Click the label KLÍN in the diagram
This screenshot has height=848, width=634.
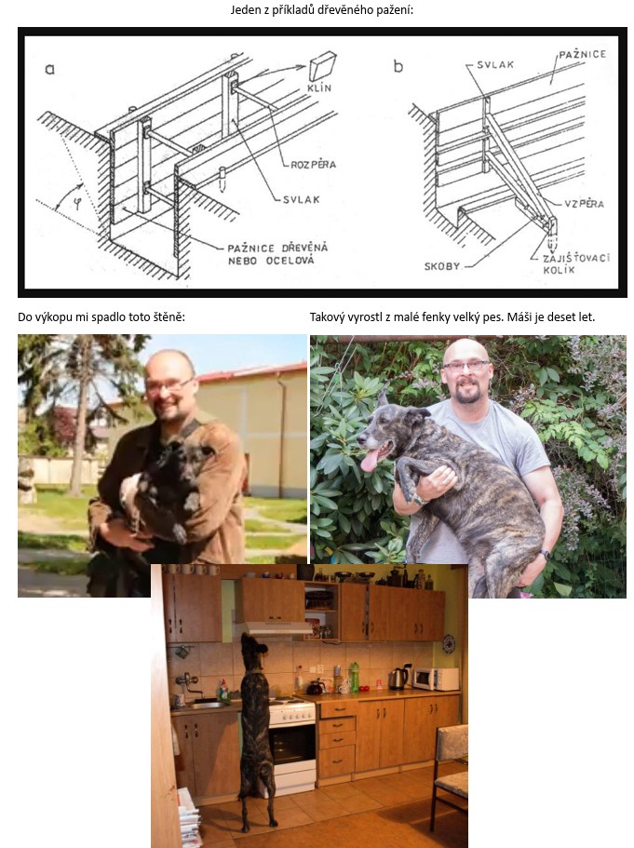pos(319,87)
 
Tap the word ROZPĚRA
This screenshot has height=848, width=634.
pos(313,164)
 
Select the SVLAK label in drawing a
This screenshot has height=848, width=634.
pos(302,199)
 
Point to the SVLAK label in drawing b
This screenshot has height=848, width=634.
pos(495,64)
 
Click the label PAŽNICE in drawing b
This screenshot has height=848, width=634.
pos(582,54)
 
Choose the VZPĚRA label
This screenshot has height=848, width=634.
pos(585,203)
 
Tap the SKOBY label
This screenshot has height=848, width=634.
pos(442,266)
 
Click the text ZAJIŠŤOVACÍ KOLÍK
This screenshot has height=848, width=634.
pos(576,263)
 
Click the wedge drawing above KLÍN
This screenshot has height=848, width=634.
pos(322,65)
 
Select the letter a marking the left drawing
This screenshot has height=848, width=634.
pos(49,69)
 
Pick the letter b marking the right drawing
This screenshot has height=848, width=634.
pos(398,66)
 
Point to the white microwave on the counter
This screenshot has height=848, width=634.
pos(436,679)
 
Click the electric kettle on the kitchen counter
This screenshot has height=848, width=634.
pos(399,679)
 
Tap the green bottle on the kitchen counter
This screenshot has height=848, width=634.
pos(354,677)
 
